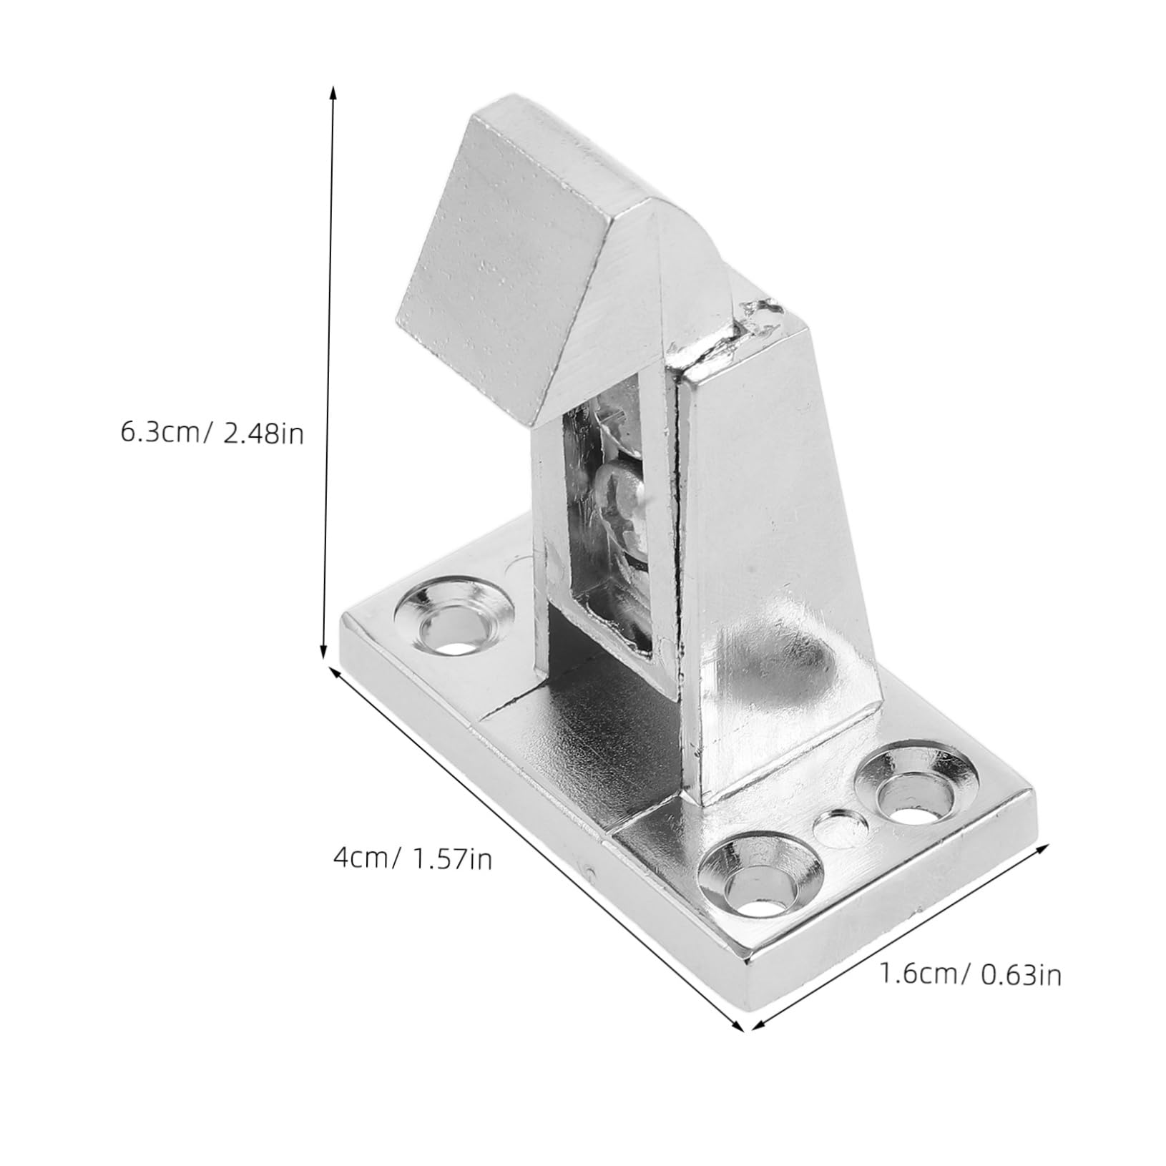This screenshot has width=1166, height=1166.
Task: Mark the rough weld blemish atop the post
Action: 758,318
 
